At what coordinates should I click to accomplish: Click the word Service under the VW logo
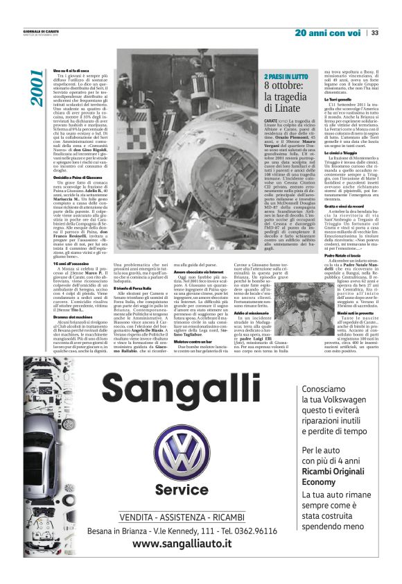181,490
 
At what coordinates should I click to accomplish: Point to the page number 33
374,33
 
